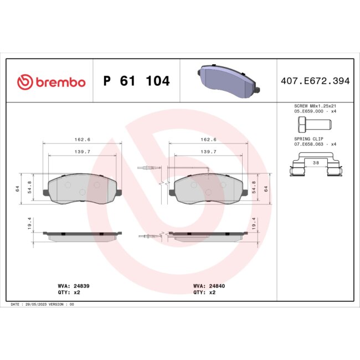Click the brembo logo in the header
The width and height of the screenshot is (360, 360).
click(x=52, y=82)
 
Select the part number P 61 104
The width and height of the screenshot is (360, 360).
click(x=137, y=82)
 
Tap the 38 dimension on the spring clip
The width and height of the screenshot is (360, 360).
click(x=315, y=163)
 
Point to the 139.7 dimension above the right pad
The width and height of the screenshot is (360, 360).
click(x=208, y=151)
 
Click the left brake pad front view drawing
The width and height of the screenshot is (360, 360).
click(x=82, y=189)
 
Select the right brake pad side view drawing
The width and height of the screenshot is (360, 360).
click(x=208, y=236)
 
